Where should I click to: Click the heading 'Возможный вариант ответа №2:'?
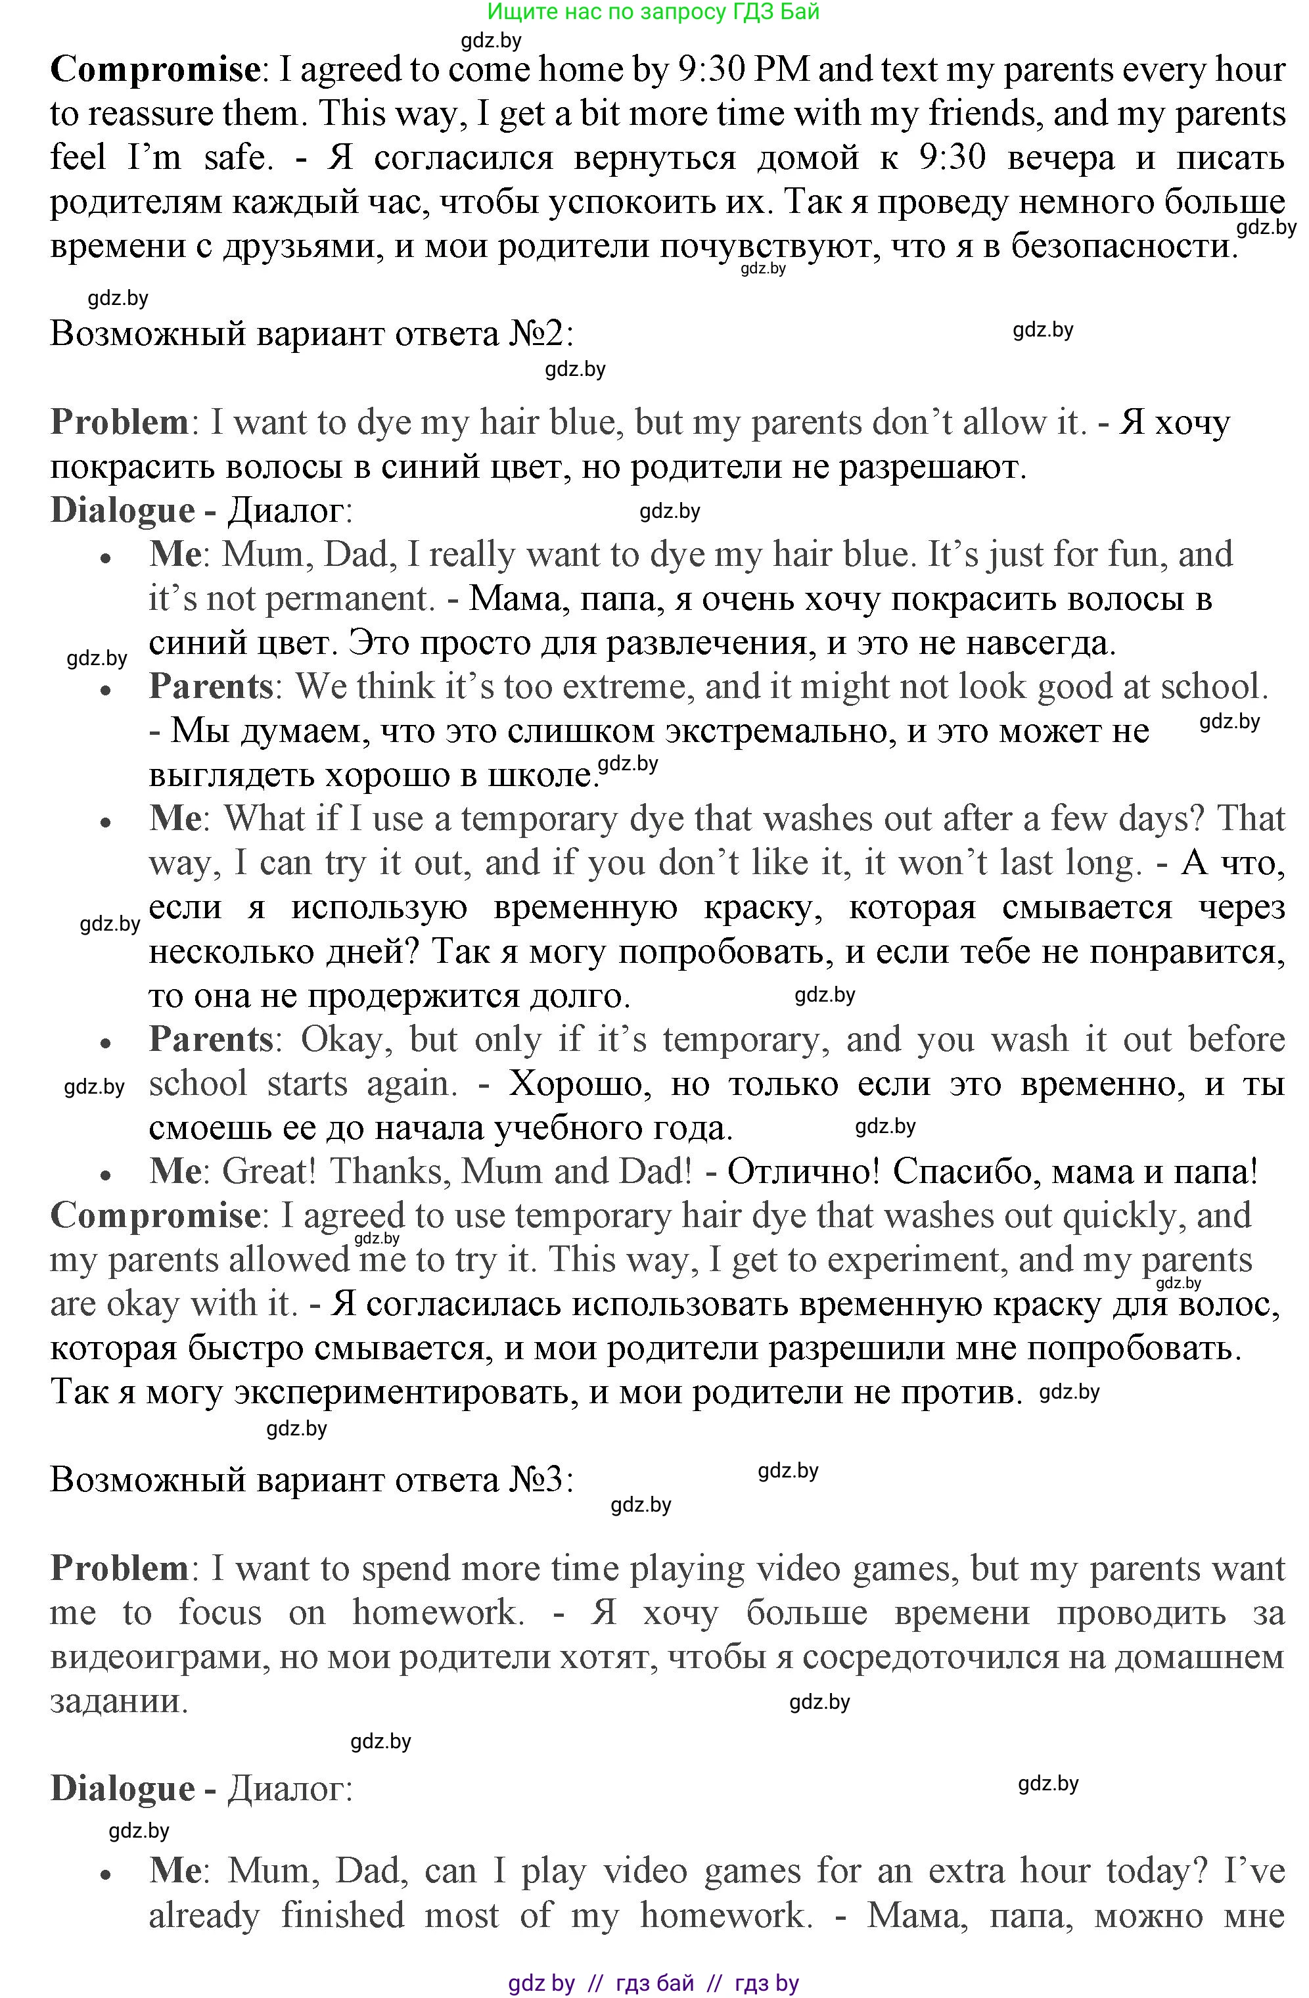[312, 334]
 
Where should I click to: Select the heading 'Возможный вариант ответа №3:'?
[312, 1479]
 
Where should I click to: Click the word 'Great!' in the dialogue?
[269, 1171]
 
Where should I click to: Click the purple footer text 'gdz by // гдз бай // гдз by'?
[654, 1983]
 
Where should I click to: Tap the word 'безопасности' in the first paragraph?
[1124, 246]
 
